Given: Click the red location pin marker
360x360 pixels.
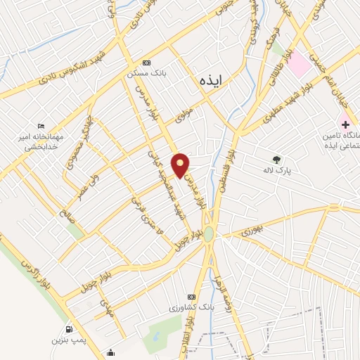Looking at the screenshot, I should click(x=181, y=165).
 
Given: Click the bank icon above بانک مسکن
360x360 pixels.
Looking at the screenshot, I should click(x=146, y=62).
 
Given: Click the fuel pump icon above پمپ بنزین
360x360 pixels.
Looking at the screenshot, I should click(x=68, y=329).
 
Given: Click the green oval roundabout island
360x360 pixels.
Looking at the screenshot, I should click(x=209, y=235).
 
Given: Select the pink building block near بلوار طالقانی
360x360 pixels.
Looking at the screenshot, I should click(x=300, y=64).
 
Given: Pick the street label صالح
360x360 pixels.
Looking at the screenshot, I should click(x=67, y=210).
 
